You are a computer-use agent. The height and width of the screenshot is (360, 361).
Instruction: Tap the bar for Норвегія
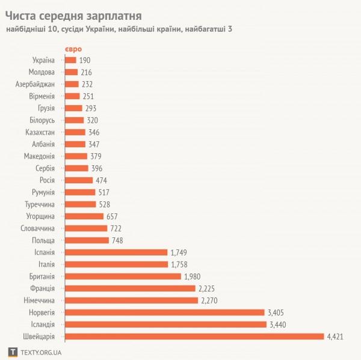[164, 312]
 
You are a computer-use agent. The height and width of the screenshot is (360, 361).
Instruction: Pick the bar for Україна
[70, 59]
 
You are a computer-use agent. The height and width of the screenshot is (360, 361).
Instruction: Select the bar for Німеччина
[131, 300]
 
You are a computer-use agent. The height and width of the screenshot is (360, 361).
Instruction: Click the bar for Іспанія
[116, 252]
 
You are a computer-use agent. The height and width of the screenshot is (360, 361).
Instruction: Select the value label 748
[119, 240]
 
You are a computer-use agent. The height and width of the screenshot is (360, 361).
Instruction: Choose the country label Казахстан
[40, 132]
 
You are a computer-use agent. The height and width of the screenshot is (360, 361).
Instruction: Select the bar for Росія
[78, 180]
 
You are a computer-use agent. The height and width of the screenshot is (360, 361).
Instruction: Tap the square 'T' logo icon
[12, 352]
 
